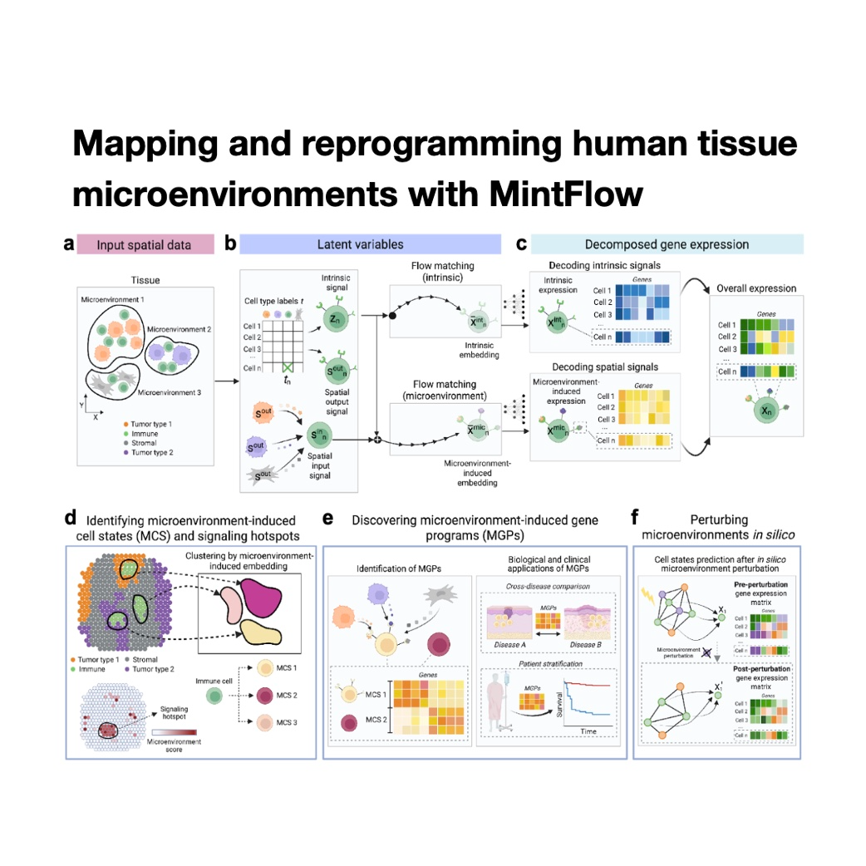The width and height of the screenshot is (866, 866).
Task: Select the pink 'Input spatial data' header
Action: click(144, 244)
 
